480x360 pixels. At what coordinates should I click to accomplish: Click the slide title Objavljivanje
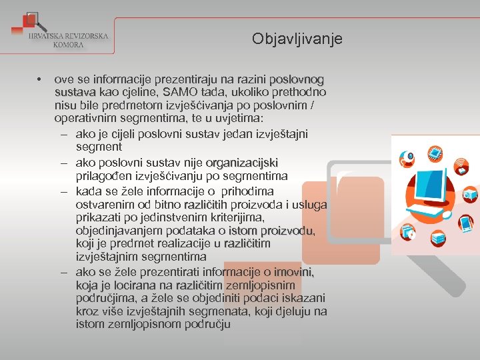(x=297, y=39)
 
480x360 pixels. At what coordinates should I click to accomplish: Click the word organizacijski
(x=242, y=163)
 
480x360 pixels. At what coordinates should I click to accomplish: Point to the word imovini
(x=294, y=271)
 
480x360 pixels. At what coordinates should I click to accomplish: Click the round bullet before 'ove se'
(x=41, y=79)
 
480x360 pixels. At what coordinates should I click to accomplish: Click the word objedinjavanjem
(x=116, y=231)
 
